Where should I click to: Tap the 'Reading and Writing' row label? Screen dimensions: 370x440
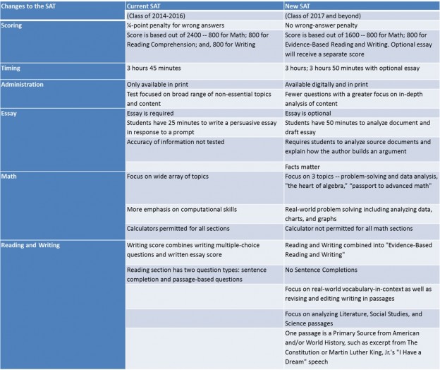tap(33, 245)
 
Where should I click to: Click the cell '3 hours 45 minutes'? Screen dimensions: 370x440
tap(159, 68)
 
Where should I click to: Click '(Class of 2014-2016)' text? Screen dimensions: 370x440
tap(159, 15)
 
